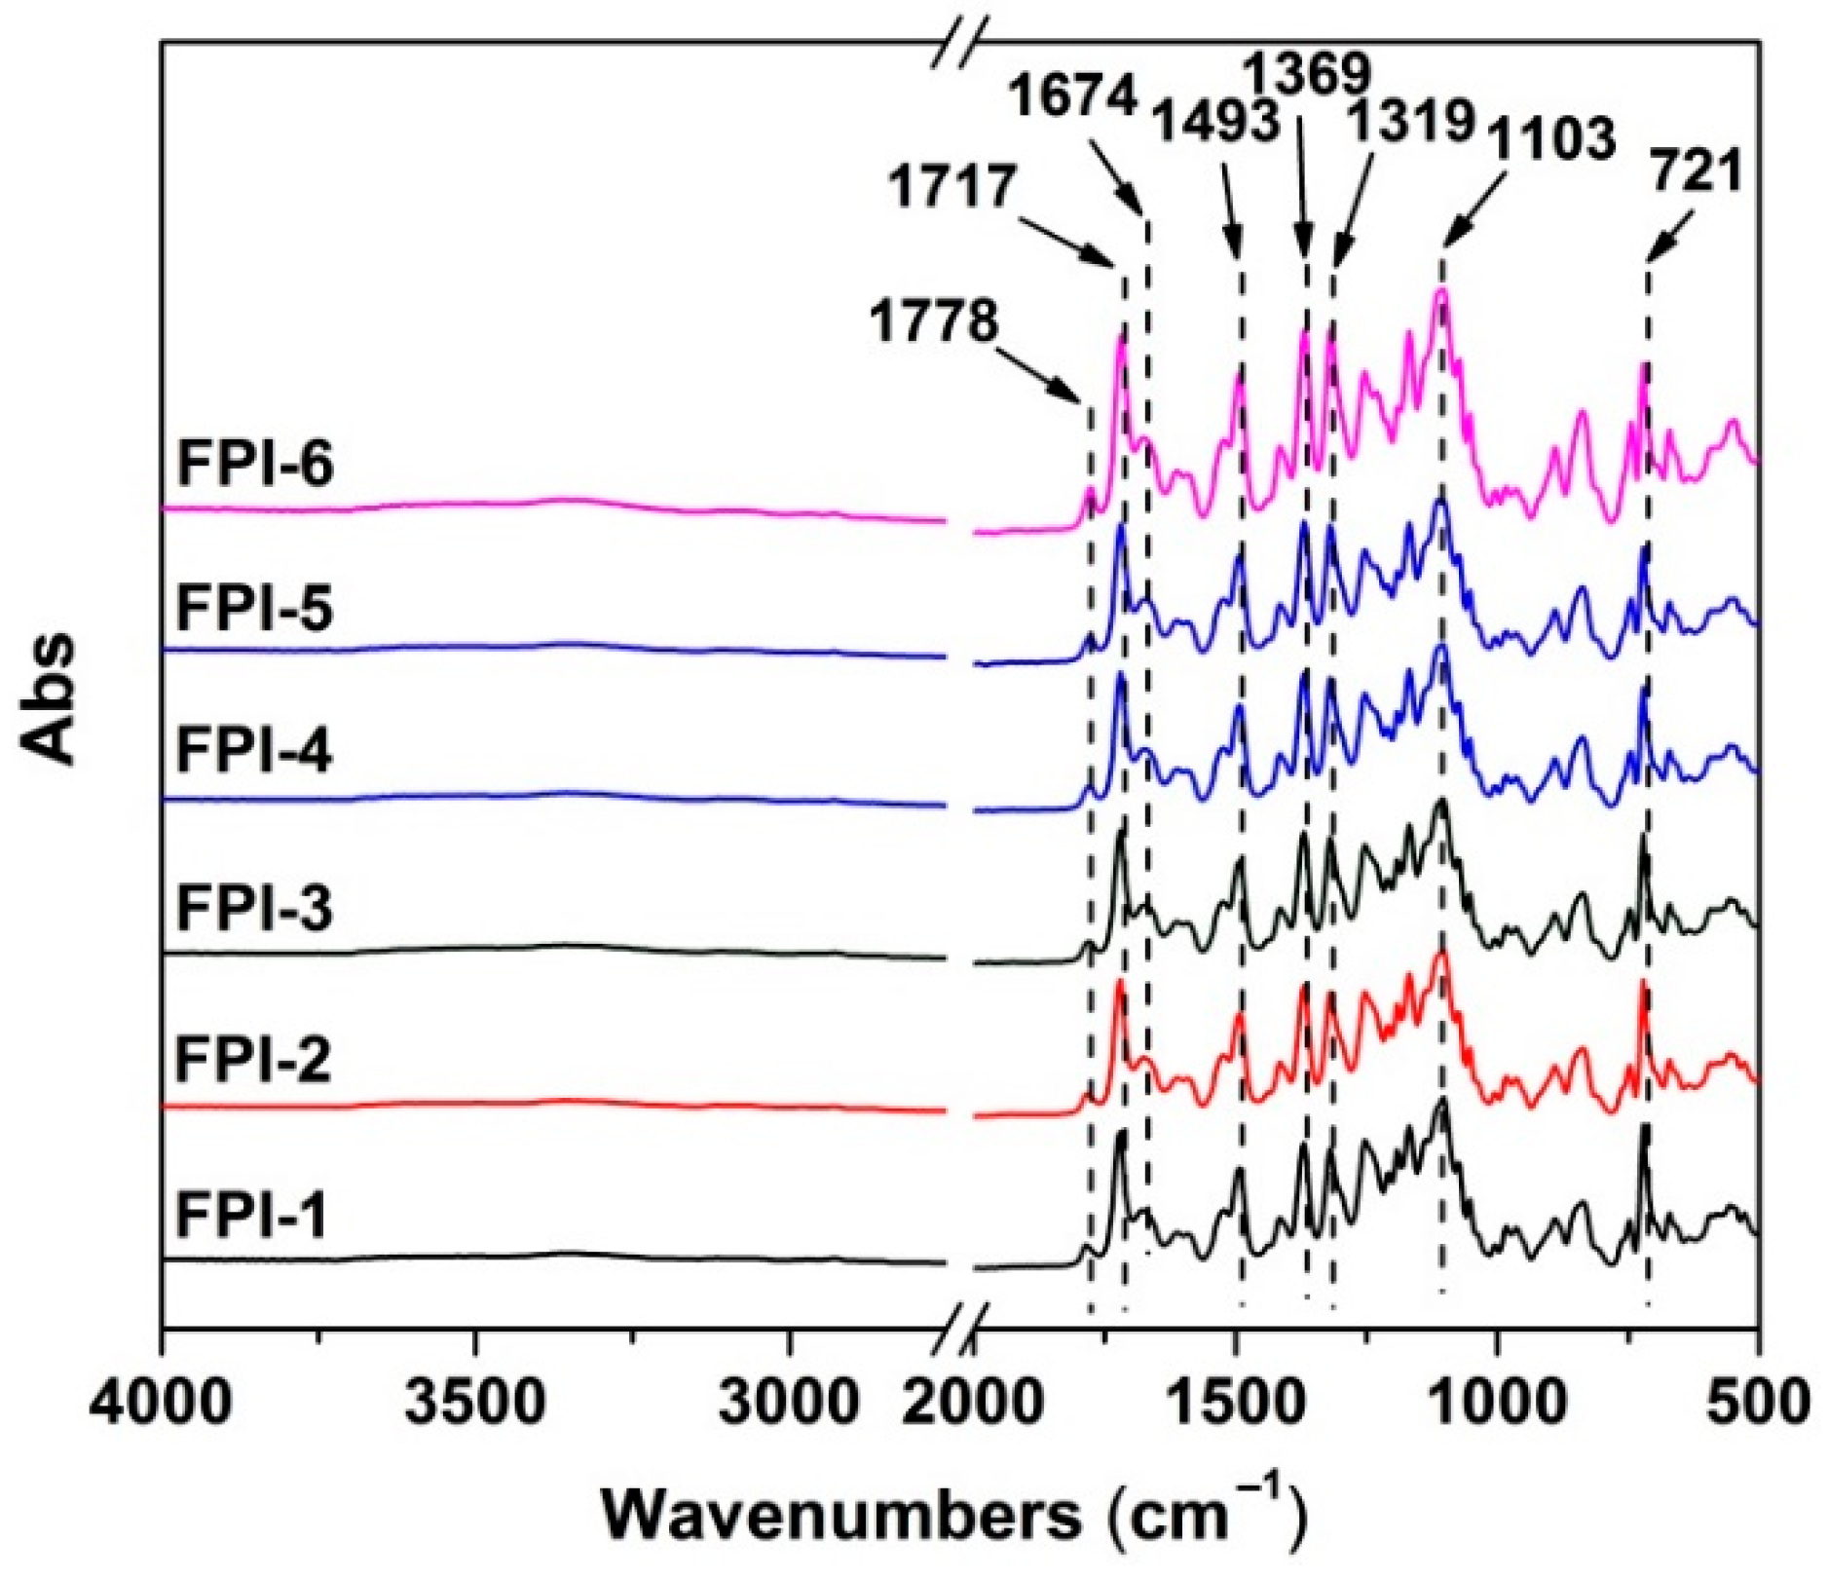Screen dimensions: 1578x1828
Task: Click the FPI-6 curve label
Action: pos(254,464)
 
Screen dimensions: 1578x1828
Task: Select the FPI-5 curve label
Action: pos(254,609)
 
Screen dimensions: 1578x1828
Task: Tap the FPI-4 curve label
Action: pos(254,753)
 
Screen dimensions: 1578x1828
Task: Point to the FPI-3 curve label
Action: pos(254,908)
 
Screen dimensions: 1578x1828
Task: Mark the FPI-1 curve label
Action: pos(252,1216)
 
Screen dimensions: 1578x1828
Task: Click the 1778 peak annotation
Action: pos(933,321)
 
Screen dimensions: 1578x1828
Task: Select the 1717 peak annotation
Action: pos(951,186)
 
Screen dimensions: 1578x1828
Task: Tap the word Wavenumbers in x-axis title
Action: pos(839,1516)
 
